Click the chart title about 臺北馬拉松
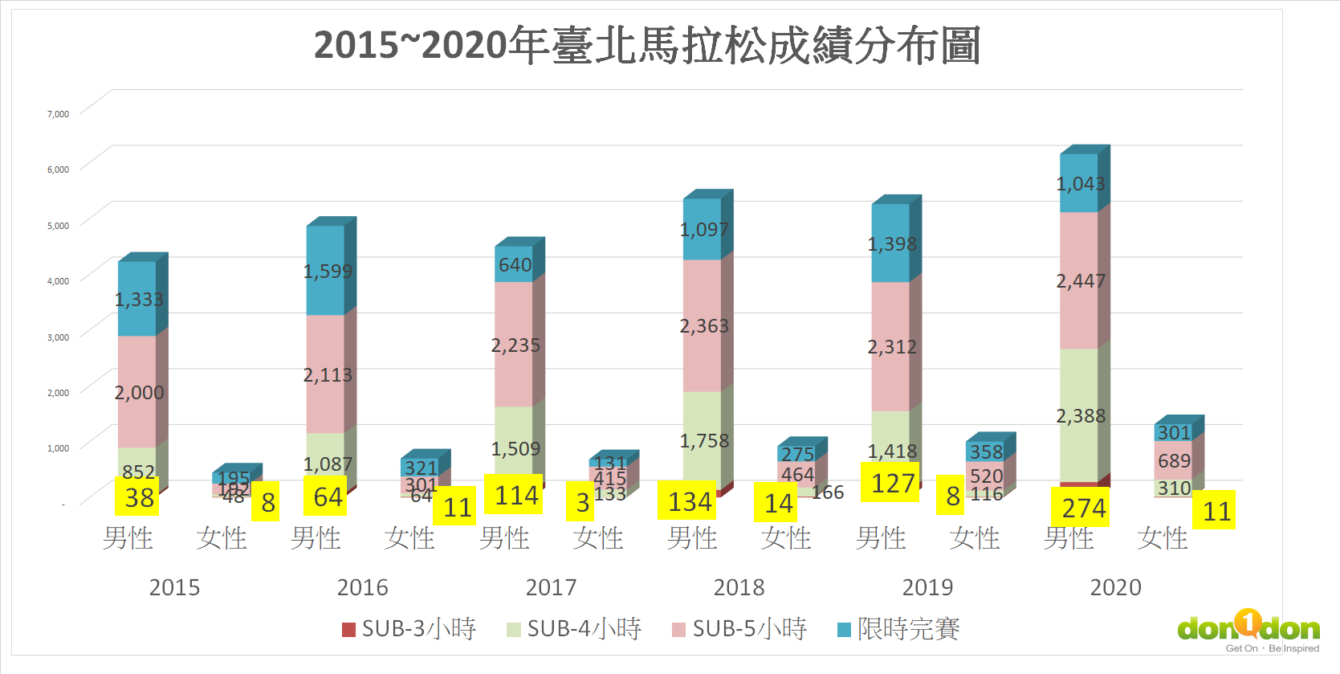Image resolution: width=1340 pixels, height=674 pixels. (x=647, y=45)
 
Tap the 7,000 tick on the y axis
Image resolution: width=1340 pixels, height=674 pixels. (x=58, y=114)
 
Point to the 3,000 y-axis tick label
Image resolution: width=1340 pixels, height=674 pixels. (x=58, y=337)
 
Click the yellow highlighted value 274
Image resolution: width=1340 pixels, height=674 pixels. (x=1083, y=509)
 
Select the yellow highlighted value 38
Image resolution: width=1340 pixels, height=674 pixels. (x=139, y=498)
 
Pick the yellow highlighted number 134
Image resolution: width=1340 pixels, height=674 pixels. (x=689, y=502)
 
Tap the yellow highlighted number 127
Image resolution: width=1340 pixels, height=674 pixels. (x=893, y=484)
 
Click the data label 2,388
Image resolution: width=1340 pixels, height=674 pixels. (x=1081, y=416)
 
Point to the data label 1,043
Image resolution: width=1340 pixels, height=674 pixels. (x=1081, y=184)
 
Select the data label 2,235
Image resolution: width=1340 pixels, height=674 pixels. (x=515, y=345)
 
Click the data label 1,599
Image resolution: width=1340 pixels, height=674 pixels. (x=328, y=272)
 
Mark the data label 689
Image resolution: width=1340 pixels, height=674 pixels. (x=1174, y=461)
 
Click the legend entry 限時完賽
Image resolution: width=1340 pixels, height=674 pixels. (x=899, y=629)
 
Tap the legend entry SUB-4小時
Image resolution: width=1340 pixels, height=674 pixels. (x=575, y=629)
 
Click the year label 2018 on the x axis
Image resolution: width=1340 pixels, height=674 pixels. (x=739, y=588)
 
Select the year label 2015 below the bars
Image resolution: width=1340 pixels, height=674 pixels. (x=174, y=588)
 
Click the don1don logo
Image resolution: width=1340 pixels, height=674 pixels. (x=1248, y=629)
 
